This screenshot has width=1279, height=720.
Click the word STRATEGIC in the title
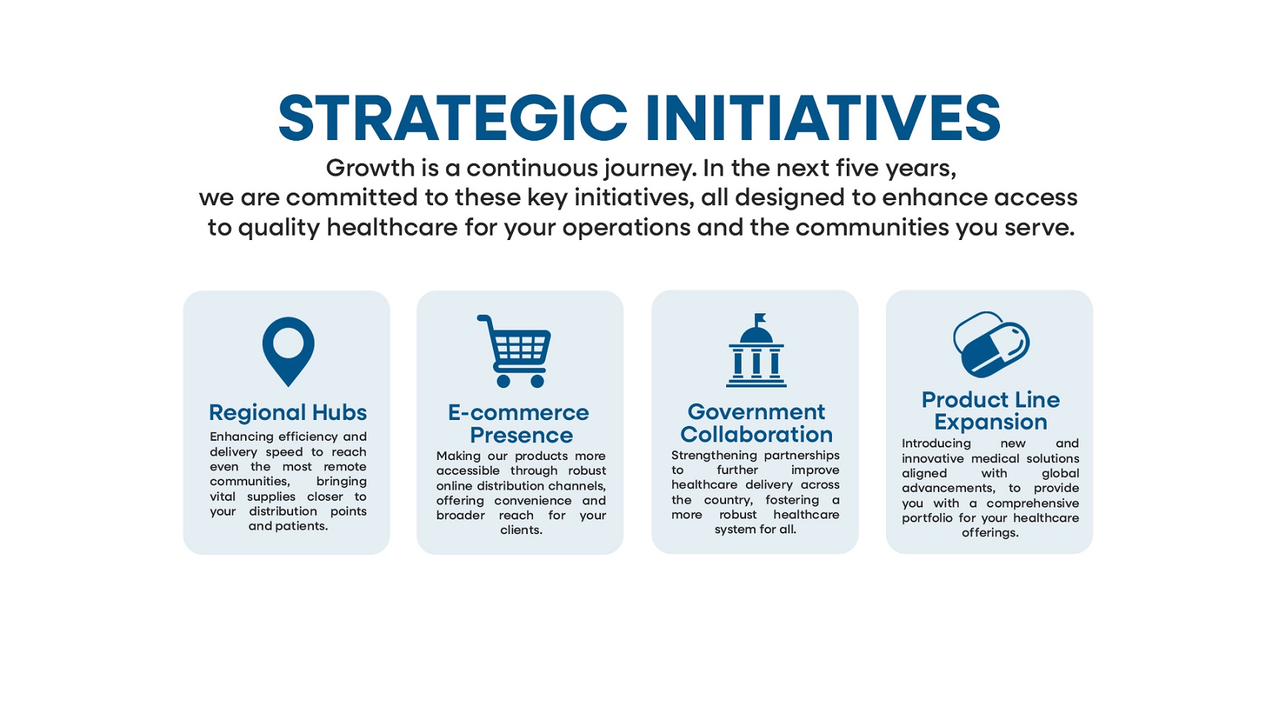452,118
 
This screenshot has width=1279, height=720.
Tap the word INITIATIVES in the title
822,118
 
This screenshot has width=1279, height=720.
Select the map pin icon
288,351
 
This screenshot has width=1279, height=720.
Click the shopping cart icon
514,351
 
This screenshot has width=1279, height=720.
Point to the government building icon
756,350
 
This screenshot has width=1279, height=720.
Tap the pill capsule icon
991,344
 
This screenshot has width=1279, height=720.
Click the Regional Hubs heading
288,413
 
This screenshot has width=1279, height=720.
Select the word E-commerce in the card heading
518,413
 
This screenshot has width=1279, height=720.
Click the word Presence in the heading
521,435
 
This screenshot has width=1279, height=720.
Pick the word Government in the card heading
756,412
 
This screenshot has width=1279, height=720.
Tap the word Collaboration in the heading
756,434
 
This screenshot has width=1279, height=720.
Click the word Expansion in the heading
990,422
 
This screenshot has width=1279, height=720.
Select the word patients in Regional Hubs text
301,527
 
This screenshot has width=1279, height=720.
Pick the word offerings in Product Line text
989,533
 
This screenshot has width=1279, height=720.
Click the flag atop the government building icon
760,319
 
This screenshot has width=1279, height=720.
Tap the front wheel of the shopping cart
538,381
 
